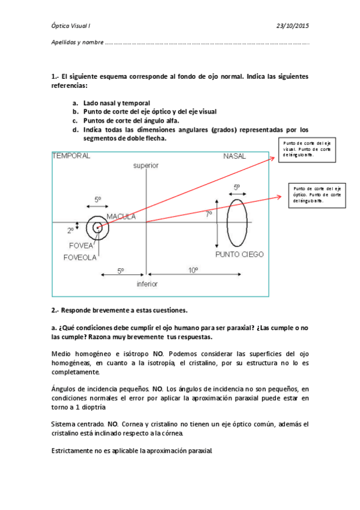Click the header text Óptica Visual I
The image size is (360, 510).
pyautogui.click(x=71, y=25)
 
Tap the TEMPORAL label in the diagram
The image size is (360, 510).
pyautogui.click(x=72, y=156)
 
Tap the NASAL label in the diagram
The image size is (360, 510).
pyautogui.click(x=234, y=156)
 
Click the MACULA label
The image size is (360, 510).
pyautogui.click(x=121, y=217)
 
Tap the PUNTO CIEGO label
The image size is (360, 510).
pyautogui.click(x=239, y=254)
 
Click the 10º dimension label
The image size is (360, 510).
pyautogui.click(x=193, y=271)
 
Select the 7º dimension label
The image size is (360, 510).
pyautogui.click(x=209, y=214)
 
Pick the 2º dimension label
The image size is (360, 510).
pyautogui.click(x=87, y=230)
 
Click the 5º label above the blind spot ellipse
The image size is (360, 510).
pyautogui.click(x=237, y=188)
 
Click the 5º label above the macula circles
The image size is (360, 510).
pyautogui.click(x=98, y=199)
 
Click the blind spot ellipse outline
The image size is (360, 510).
pyautogui.click(x=228, y=221)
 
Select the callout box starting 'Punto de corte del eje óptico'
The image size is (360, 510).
pyautogui.click(x=316, y=195)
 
